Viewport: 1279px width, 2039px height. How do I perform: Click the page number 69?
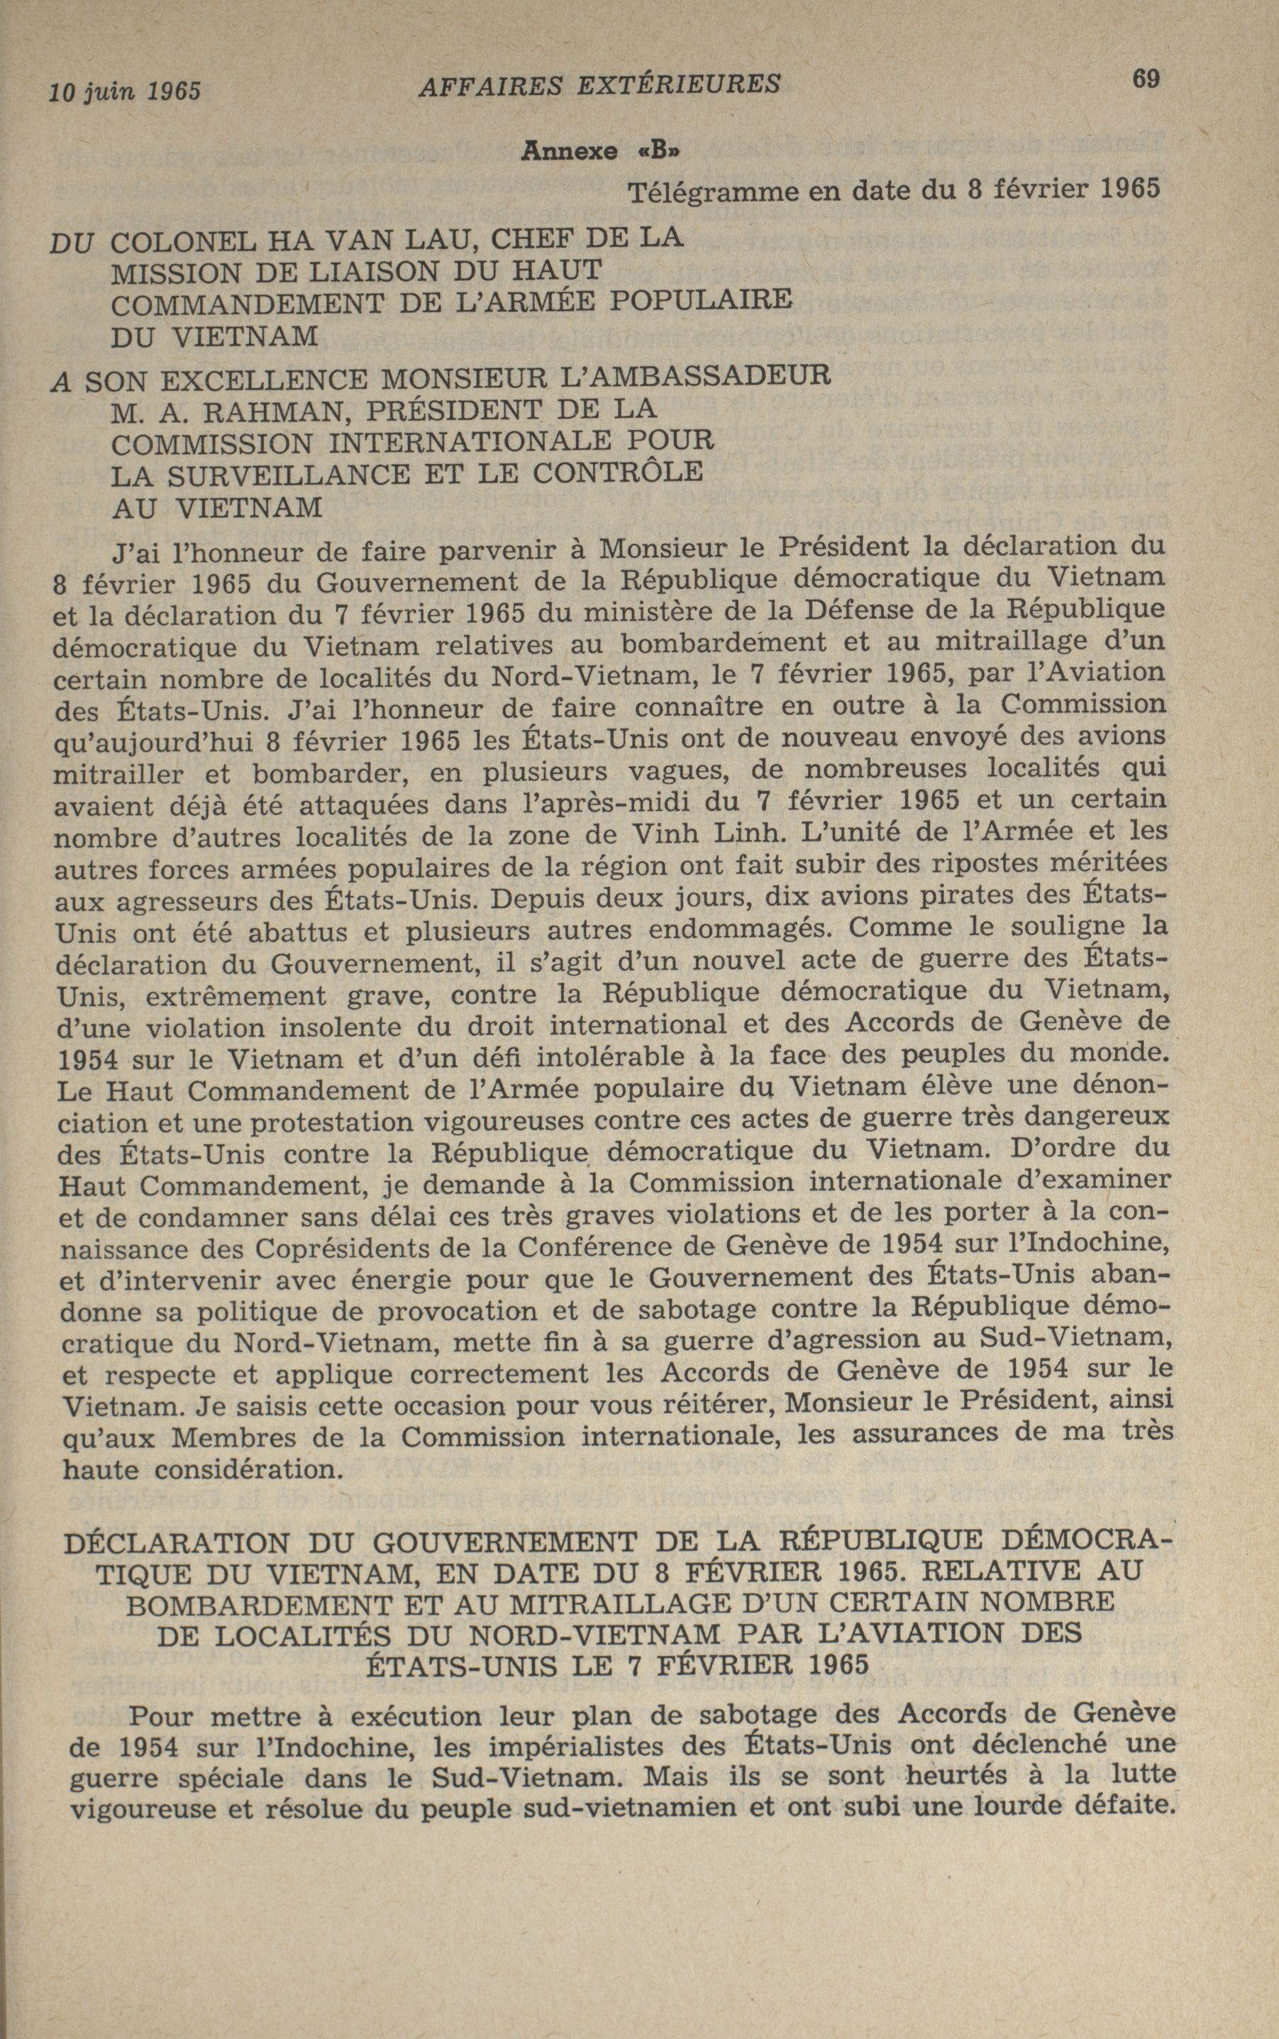[1146, 79]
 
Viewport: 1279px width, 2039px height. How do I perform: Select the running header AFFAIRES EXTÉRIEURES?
[599, 84]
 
